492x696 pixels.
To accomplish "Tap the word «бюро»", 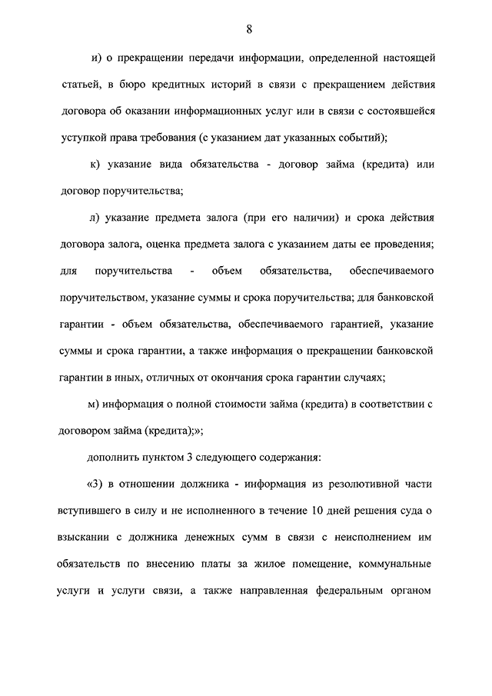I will pos(122,84).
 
